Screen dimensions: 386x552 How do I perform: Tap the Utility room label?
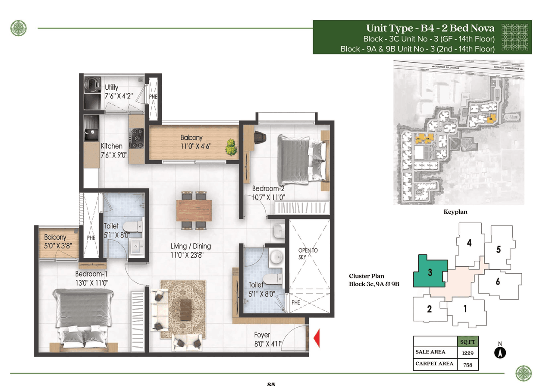[111, 88]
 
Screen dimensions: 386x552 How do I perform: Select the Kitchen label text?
[112, 146]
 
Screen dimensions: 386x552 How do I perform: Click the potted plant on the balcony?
[231, 147]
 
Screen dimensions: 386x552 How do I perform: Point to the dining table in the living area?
[194, 210]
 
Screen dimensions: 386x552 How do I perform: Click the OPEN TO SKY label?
[308, 254]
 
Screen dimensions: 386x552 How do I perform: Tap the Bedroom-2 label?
[268, 189]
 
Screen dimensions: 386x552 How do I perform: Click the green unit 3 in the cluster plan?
[430, 272]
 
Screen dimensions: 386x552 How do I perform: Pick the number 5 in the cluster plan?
[498, 249]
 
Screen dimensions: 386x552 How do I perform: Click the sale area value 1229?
[467, 353]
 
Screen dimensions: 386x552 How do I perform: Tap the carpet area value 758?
[467, 364]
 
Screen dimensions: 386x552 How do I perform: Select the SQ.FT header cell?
[467, 342]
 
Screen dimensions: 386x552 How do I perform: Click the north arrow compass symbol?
[500, 352]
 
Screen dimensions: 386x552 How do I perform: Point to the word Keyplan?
[455, 212]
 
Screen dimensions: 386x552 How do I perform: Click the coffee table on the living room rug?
[186, 307]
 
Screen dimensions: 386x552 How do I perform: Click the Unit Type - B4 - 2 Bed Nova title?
[430, 28]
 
